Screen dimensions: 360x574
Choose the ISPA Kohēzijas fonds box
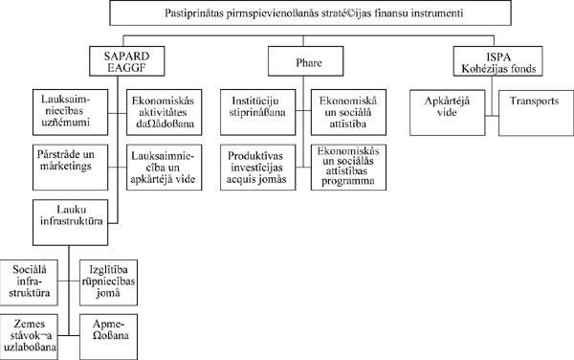497,62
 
